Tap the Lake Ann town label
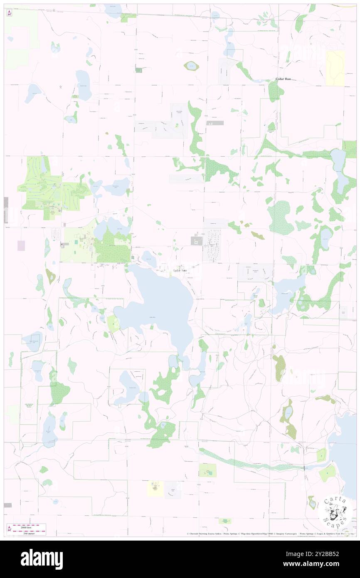click(180, 270)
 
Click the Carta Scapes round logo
click(335, 512)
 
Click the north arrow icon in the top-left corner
click(9, 13)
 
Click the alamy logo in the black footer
click(42, 559)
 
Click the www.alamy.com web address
click(324, 564)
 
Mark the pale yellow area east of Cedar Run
click(335, 68)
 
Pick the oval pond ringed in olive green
click(191, 66)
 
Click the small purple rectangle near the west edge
click(21, 246)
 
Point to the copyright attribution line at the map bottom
click(270, 534)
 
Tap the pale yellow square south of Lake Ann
click(155, 488)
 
